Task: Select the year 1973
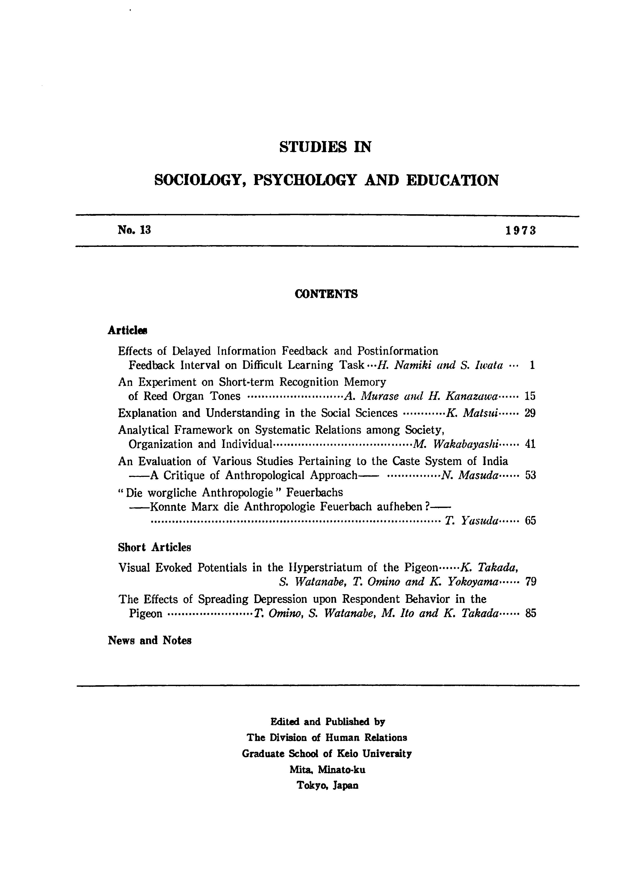[521, 231]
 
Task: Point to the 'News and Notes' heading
[149, 640]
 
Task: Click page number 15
[530, 396]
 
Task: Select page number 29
[530, 413]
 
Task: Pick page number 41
[530, 444]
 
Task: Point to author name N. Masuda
[470, 476]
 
